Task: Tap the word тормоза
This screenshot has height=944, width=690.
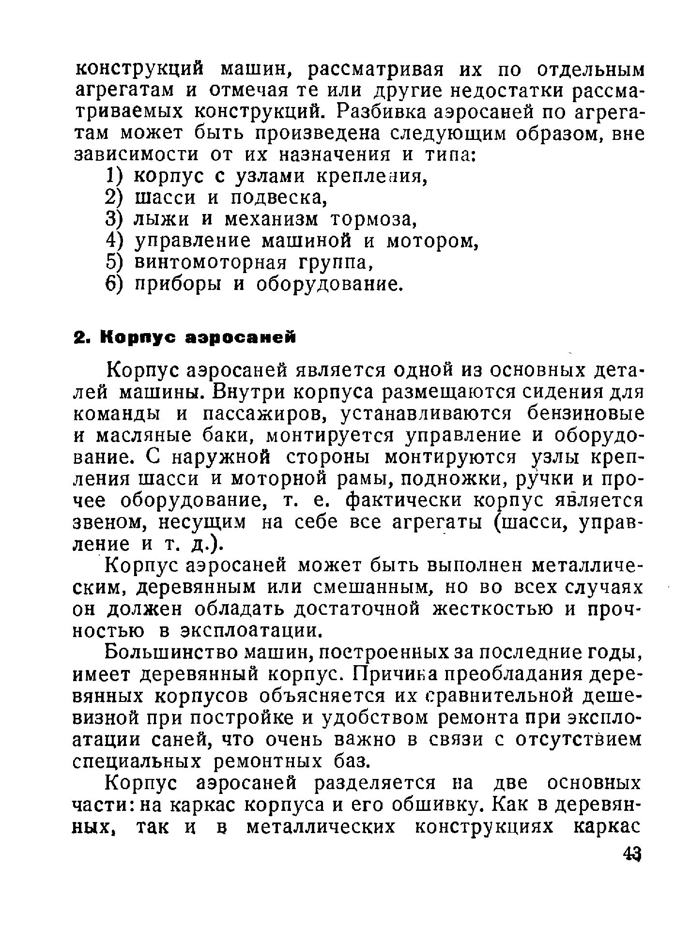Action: point(373,220)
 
